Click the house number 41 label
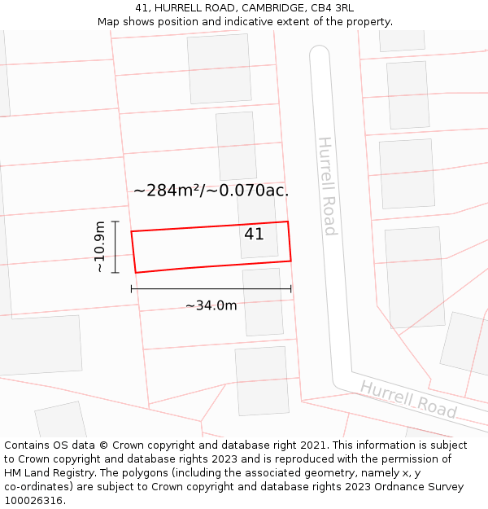[254, 235]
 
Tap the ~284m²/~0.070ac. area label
[211, 191]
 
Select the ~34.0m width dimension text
[211, 305]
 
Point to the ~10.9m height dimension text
[99, 247]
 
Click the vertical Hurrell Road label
[327, 186]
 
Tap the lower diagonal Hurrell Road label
[408, 399]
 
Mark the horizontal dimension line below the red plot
[211, 289]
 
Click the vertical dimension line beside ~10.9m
[115, 247]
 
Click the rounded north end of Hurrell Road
[319, 51]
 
